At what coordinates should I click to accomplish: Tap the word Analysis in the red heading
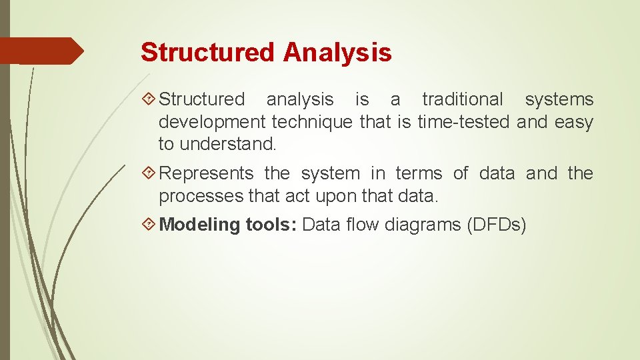pyautogui.click(x=337, y=52)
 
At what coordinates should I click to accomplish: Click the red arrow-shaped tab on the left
pyautogui.click(x=41, y=51)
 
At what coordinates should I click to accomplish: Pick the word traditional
pyautogui.click(x=463, y=99)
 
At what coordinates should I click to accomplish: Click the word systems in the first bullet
pyautogui.click(x=559, y=99)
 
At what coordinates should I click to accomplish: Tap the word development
pyautogui.click(x=212, y=122)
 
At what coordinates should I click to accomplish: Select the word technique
pyautogui.click(x=312, y=122)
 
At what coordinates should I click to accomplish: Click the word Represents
pyautogui.click(x=207, y=173)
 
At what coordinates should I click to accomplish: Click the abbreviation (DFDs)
pyautogui.click(x=497, y=225)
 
